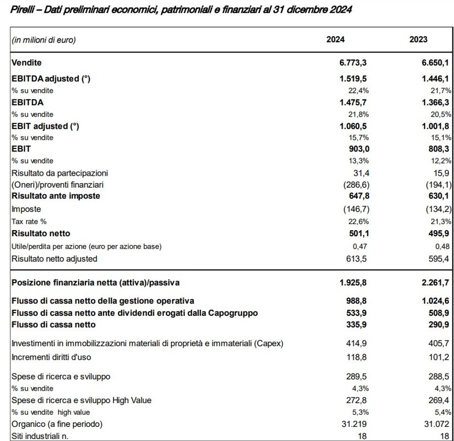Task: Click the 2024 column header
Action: point(335,40)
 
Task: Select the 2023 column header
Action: point(418,40)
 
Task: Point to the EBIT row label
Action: point(21,149)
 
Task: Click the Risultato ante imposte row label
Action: point(55,196)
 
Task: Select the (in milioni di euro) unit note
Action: point(43,40)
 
